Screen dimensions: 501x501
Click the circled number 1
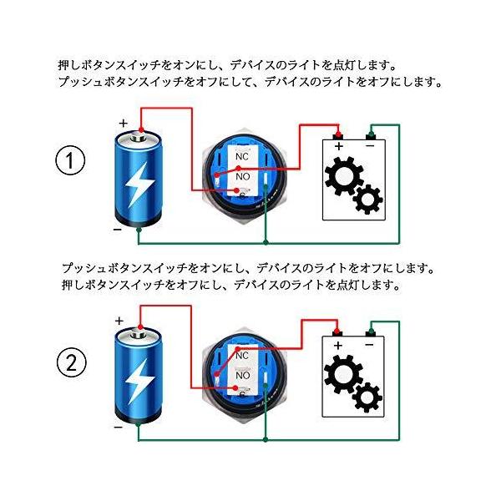tap(72, 162)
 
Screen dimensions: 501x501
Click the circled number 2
tap(72, 363)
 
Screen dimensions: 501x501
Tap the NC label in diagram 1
tap(243, 156)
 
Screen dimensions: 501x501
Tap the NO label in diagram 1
tap(243, 177)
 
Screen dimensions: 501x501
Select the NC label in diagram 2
tap(243, 356)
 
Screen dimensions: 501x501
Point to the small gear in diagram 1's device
tap(368, 200)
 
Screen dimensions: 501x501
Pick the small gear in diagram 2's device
tap(367, 397)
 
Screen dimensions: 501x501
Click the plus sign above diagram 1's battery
tap(124, 123)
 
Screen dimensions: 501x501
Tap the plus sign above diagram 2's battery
tap(119, 321)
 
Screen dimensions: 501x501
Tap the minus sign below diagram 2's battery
tap(118, 427)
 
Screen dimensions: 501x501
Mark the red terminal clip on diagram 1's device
tap(338, 134)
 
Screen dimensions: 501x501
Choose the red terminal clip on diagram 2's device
tap(338, 332)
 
